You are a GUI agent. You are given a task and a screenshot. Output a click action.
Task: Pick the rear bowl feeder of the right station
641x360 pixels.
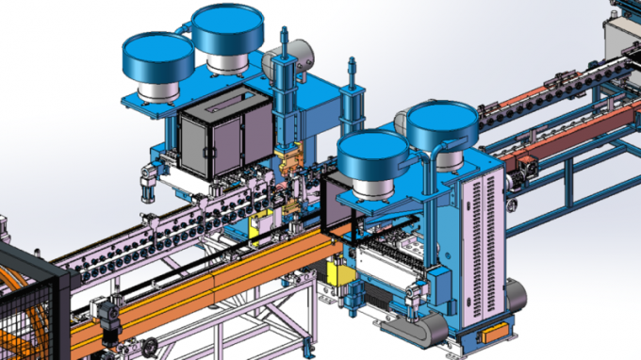(x=442, y=123)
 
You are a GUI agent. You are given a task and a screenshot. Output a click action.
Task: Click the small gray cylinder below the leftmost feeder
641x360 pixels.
(x=147, y=184)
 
